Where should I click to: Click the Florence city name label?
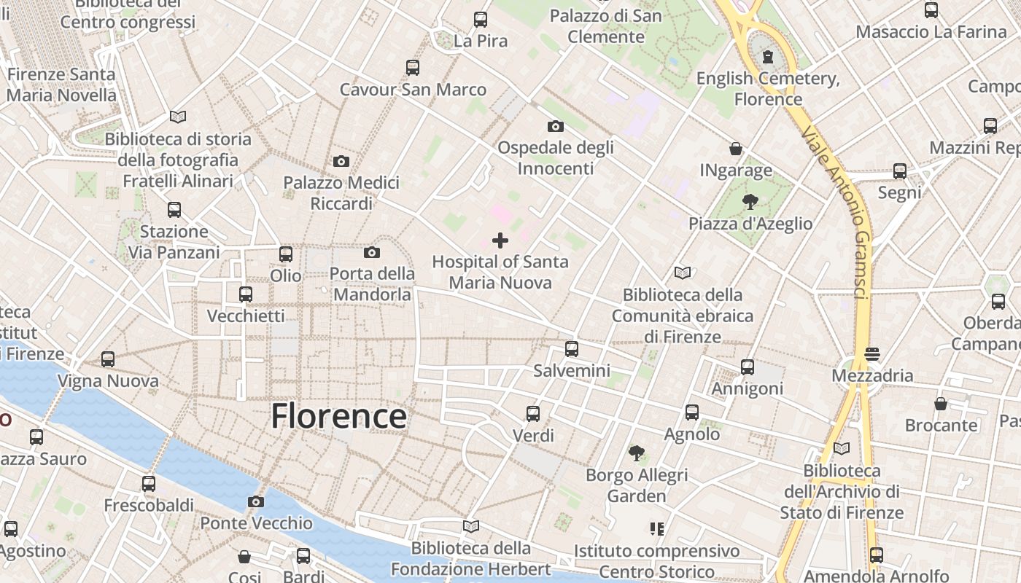[338, 416]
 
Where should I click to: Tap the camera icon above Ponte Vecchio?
[255, 501]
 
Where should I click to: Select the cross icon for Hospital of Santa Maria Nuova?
[500, 240]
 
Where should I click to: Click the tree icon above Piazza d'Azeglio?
[750, 202]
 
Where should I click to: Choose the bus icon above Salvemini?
[572, 349]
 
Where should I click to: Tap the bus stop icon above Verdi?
[533, 414]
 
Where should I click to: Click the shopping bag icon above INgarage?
[736, 149]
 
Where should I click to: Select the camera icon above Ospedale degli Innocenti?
[556, 126]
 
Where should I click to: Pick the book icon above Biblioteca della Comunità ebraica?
[683, 273]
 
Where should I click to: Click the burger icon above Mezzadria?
[873, 354]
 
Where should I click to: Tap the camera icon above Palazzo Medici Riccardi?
[341, 161]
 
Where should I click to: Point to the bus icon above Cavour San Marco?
[413, 68]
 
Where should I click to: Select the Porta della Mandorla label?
[372, 284]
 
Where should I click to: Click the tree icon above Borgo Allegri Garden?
[637, 453]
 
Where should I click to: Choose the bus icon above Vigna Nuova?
[108, 359]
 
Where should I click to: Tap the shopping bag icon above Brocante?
[941, 404]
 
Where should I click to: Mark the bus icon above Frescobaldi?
[149, 484]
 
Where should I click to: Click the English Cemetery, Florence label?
[768, 88]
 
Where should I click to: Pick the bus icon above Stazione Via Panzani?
[174, 210]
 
